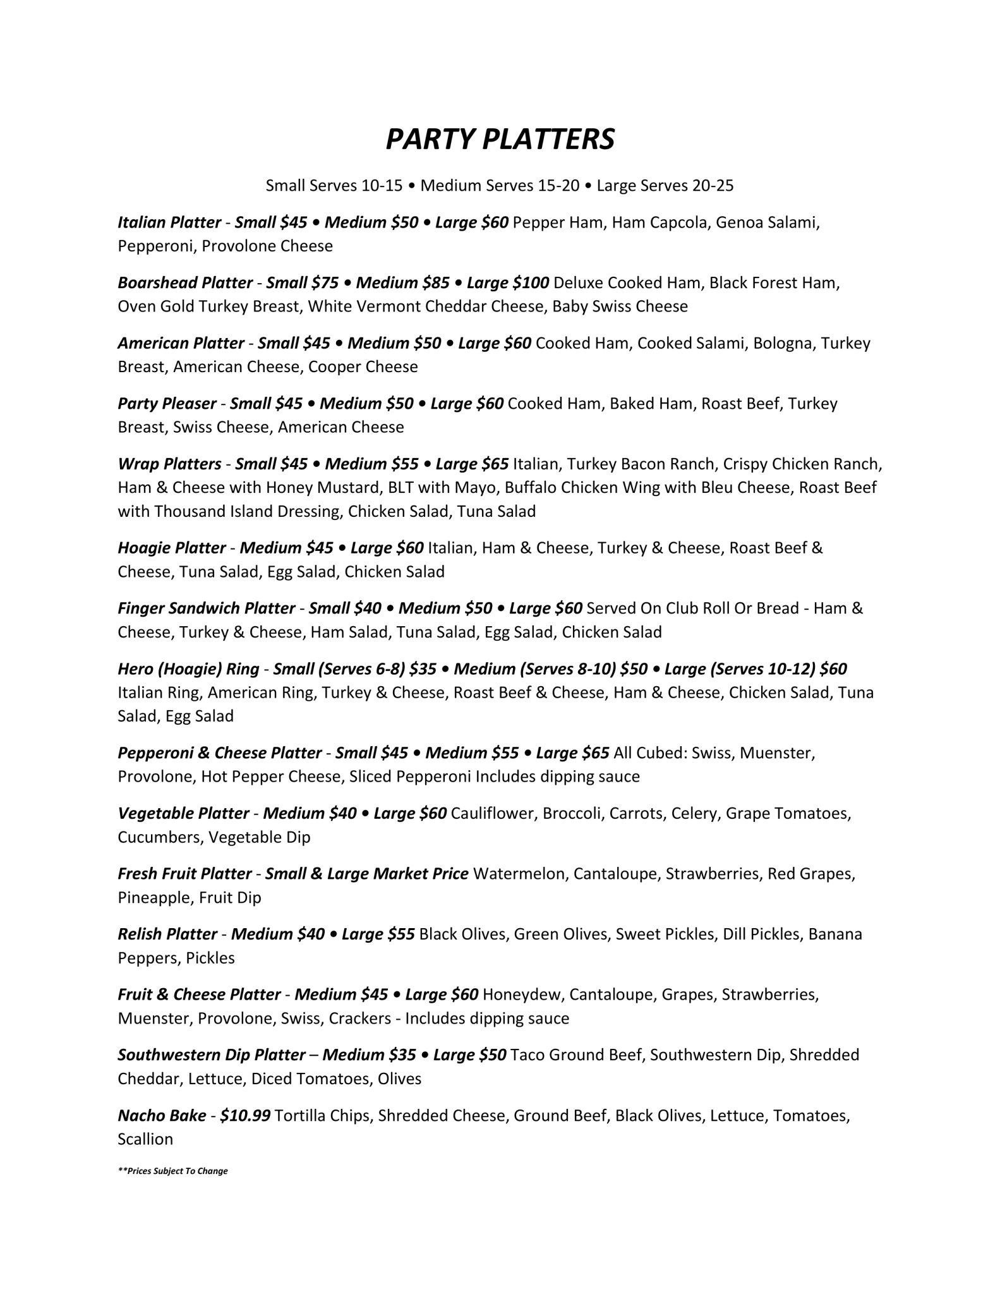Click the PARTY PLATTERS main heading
pyautogui.click(x=500, y=139)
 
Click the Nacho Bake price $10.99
pyautogui.click(x=245, y=1115)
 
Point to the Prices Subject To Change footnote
pyautogui.click(x=172, y=1170)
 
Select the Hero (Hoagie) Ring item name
pyautogui.click(x=188, y=668)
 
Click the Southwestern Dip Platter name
pyautogui.click(x=212, y=1055)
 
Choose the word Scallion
pyautogui.click(x=145, y=1139)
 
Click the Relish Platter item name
pyautogui.click(x=167, y=934)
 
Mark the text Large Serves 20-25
pyautogui.click(x=665, y=186)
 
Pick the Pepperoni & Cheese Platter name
pyautogui.click(x=220, y=753)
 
